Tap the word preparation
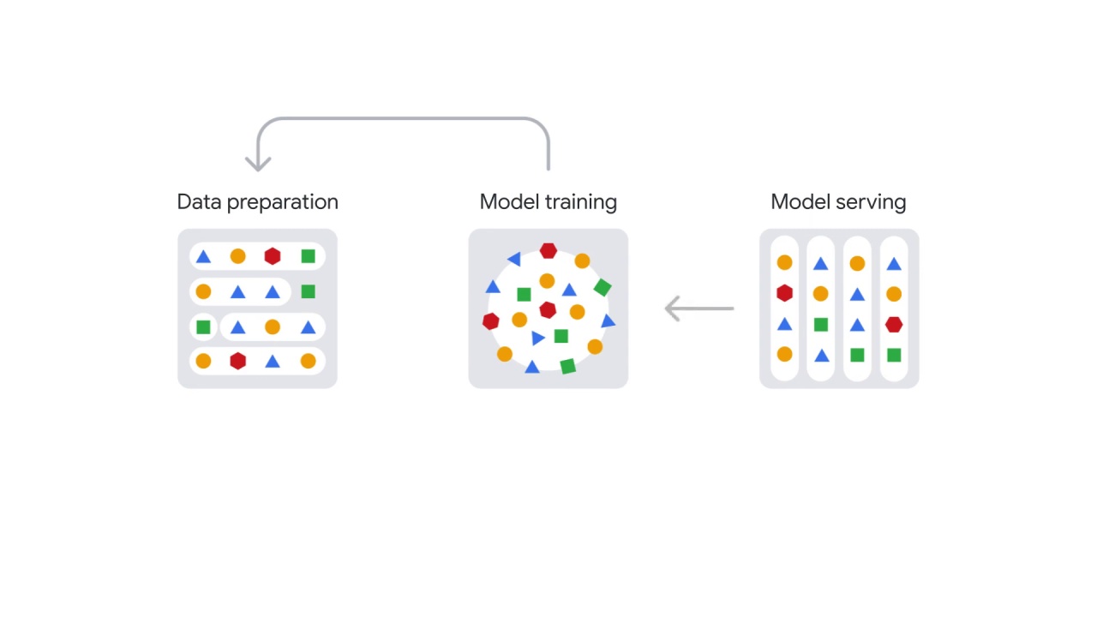click(283, 203)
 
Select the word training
click(581, 203)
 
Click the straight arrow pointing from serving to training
click(699, 308)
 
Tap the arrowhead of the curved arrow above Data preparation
click(258, 164)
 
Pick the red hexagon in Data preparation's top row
click(273, 256)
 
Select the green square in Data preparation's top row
click(308, 256)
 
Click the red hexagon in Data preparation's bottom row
click(237, 361)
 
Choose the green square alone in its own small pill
click(203, 326)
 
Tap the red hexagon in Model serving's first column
click(784, 293)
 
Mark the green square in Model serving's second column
click(821, 325)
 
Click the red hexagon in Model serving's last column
click(894, 325)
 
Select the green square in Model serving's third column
click(857, 355)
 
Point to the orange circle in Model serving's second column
click(821, 294)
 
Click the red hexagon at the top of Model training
click(548, 251)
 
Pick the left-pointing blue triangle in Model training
click(515, 259)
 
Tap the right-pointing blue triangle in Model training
click(537, 338)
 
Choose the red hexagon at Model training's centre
click(548, 310)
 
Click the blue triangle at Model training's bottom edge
click(532, 368)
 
